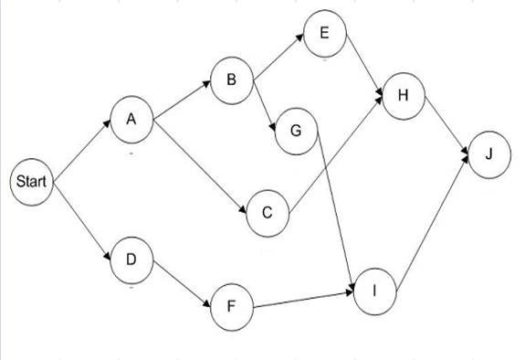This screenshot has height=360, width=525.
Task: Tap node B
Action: (x=232, y=80)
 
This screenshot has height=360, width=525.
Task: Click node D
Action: (x=132, y=259)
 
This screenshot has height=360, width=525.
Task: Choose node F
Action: (x=232, y=309)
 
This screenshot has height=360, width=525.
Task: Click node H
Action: (x=403, y=95)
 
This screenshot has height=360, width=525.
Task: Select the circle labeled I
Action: (x=376, y=290)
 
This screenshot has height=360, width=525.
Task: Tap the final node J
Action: (x=490, y=154)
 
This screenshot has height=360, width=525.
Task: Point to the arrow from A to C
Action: (x=200, y=168)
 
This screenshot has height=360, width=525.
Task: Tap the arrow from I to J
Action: (x=435, y=218)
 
